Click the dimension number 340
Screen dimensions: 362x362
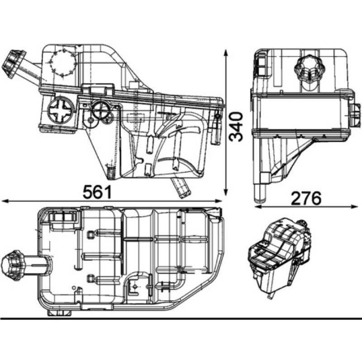236,127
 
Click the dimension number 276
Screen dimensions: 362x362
306,198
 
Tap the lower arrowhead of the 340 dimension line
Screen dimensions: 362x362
226,191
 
